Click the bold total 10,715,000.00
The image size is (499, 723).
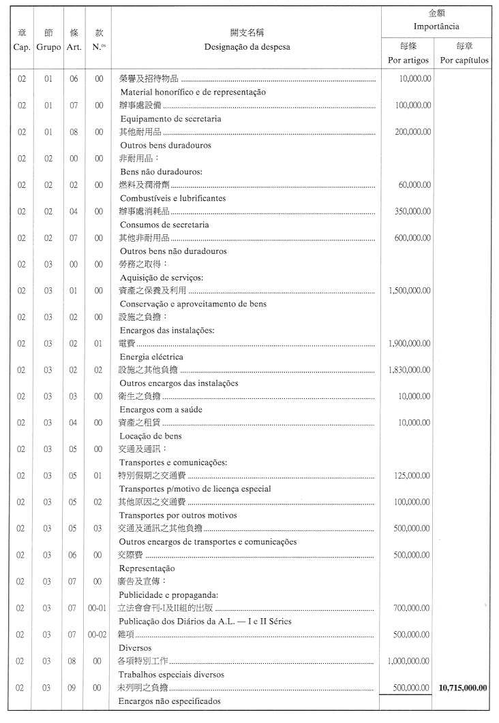(x=464, y=688)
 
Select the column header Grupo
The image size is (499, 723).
(x=48, y=47)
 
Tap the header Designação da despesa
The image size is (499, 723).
(x=246, y=47)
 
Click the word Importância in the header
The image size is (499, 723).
(x=436, y=27)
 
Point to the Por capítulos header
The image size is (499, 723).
(x=464, y=60)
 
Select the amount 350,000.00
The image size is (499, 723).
(x=413, y=212)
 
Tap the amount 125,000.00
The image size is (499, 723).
(x=413, y=476)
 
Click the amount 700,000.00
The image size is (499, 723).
(x=413, y=608)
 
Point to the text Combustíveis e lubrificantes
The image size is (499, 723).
(x=173, y=198)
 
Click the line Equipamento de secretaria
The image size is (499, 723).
(x=170, y=118)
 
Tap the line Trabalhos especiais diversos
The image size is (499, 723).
(x=172, y=674)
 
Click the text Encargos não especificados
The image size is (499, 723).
(x=170, y=701)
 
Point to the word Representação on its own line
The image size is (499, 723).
(x=147, y=568)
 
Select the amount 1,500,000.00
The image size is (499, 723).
(x=409, y=291)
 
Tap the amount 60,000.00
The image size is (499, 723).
(x=414, y=185)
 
